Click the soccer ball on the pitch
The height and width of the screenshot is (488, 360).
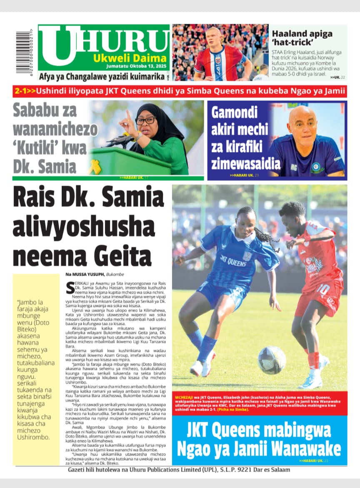[272, 360]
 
